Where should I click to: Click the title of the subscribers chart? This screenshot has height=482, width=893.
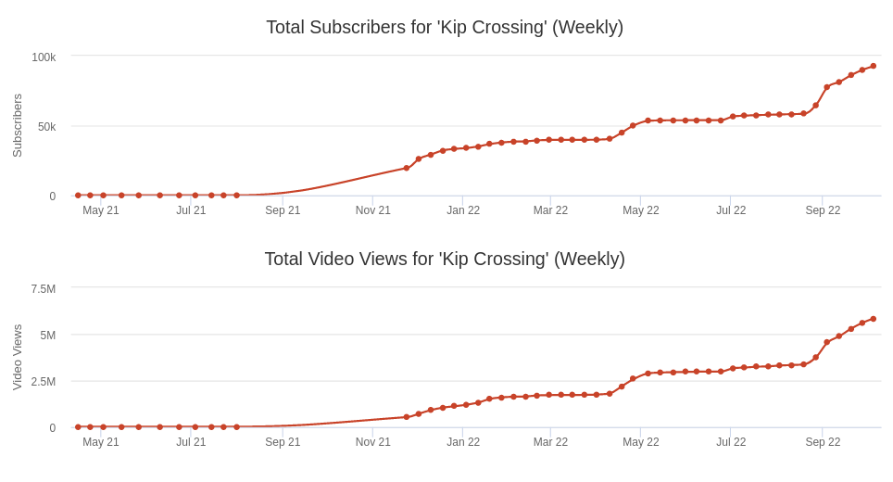coord(445,28)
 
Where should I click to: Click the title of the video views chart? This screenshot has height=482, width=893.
coord(445,260)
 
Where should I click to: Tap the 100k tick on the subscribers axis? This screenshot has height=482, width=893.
coord(44,57)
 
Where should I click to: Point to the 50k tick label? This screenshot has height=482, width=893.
coord(46,127)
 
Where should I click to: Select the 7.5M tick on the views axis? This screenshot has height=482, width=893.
coord(43,289)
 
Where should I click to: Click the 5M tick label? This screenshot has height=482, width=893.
coord(47,336)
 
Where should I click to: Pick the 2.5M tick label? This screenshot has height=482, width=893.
coord(43,382)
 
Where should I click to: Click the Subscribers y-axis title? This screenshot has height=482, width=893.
coord(18,125)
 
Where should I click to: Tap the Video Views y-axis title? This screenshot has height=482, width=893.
coord(18,357)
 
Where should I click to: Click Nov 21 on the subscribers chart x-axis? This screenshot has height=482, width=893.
coord(373,210)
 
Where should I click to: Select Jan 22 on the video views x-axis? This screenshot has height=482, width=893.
coord(463,442)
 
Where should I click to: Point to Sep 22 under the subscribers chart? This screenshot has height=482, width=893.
coord(823,210)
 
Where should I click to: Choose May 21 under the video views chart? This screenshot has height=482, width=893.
coord(101,442)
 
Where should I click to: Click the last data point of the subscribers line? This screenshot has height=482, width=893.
coord(873,66)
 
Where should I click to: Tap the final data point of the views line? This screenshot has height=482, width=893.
coord(873,319)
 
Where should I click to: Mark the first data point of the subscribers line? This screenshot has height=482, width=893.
coord(78,196)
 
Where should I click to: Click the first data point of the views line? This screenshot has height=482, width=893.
coord(78,427)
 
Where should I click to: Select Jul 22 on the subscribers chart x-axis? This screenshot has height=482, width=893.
coord(731,210)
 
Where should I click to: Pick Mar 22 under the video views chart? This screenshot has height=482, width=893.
coord(550,442)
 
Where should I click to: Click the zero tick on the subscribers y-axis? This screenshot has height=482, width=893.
coord(52,197)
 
